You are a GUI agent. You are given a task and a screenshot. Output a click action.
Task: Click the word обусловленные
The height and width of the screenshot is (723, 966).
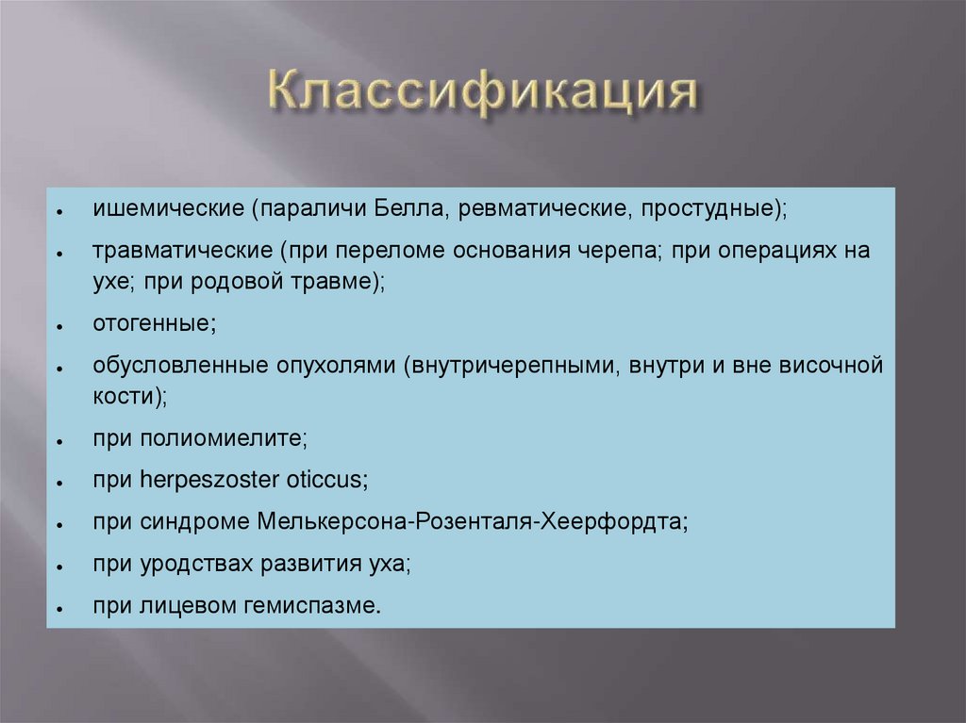167,365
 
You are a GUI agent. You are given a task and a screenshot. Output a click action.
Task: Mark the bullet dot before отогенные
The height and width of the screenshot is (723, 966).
58,326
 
